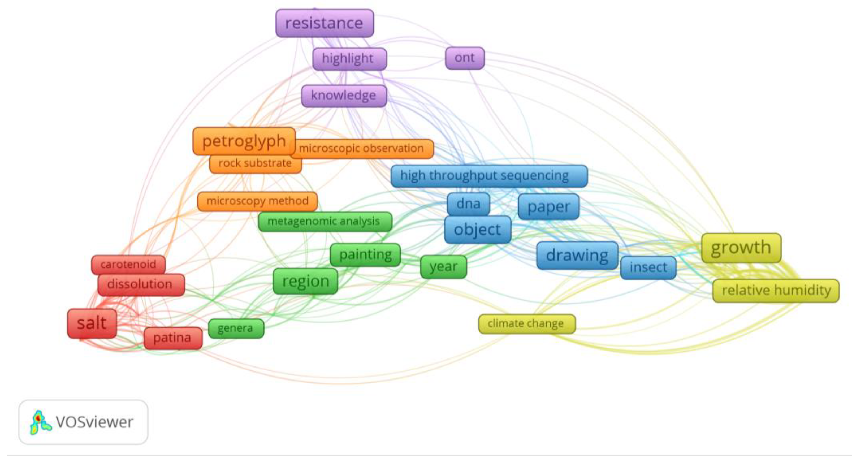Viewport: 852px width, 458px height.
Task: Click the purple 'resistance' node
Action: [325, 23]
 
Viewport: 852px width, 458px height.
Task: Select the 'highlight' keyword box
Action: [349, 59]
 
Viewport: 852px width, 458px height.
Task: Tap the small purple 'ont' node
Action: [465, 58]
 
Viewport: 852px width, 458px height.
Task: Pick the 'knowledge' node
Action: [344, 96]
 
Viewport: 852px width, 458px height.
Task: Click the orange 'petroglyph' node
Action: [244, 141]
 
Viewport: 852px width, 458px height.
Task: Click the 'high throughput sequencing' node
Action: [489, 176]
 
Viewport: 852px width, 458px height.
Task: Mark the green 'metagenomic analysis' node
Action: [325, 221]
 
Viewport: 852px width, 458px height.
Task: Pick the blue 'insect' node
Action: [648, 267]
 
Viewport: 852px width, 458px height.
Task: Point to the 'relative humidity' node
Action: [776, 291]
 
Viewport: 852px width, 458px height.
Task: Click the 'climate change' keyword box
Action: [526, 323]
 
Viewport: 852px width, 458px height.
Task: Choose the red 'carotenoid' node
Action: [128, 265]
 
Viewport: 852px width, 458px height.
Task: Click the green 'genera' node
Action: [236, 328]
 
